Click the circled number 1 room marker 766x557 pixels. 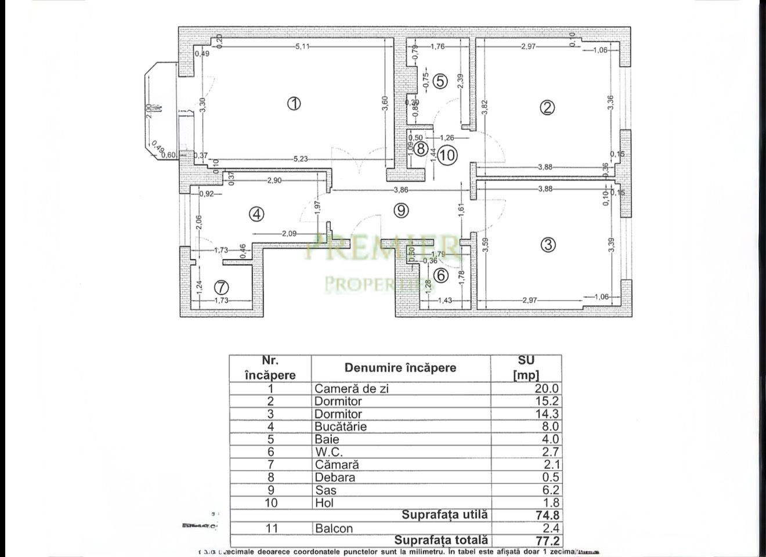coord(294,104)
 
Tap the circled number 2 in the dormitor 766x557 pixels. coord(547,107)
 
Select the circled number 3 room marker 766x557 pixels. coord(547,244)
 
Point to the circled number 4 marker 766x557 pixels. coord(256,214)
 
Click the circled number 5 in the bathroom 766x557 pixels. coord(440,81)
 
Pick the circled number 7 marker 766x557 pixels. coord(221,287)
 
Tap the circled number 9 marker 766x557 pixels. coord(400,210)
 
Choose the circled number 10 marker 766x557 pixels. coord(447,155)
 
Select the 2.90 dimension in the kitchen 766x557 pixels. coord(274,180)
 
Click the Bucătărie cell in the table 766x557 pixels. coord(341,427)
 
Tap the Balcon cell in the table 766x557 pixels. coord(334,528)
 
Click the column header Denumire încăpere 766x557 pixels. coord(400,368)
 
